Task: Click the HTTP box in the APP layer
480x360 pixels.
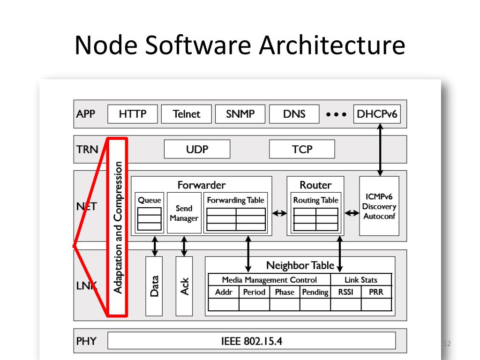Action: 133,114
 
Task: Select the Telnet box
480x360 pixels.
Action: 186,114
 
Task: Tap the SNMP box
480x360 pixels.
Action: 240,114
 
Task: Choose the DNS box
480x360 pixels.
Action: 294,114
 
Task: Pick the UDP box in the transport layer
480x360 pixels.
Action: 197,150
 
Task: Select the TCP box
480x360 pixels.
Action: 302,150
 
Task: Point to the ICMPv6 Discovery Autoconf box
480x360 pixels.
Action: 379,206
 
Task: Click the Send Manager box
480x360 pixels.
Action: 184,212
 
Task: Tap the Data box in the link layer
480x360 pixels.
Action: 154,285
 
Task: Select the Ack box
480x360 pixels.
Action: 184,285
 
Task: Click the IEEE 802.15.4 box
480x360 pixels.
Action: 252,341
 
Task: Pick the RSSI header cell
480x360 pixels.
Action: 345,292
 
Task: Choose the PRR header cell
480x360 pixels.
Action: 376,292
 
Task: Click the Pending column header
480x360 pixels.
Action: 315,292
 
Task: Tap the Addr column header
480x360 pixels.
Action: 224,292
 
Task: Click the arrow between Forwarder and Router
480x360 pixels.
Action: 279,213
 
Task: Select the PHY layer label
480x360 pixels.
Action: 86,341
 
